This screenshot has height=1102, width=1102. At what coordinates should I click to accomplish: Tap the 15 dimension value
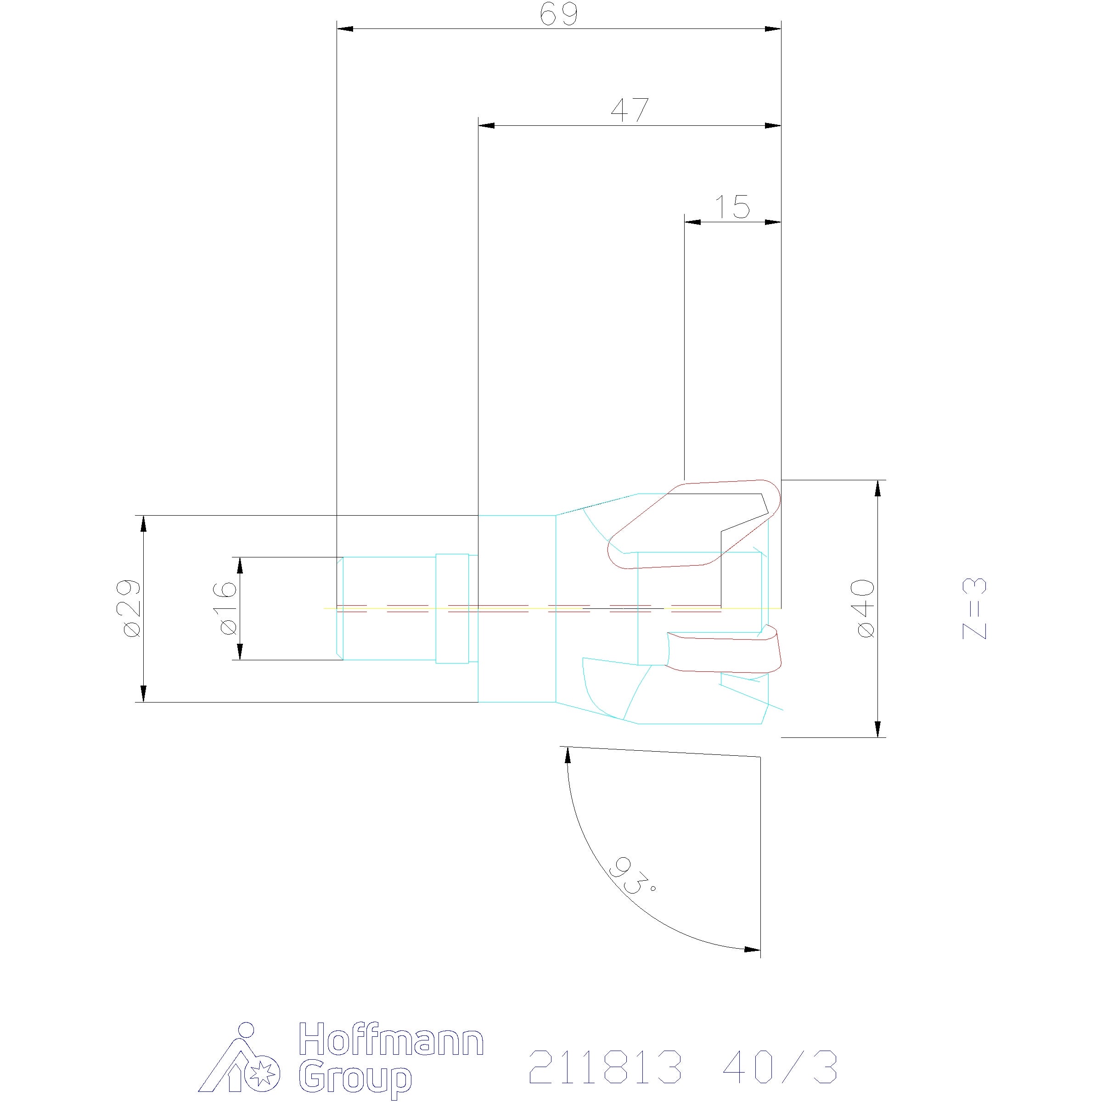(732, 207)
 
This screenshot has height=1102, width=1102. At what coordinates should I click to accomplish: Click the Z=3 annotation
(974, 608)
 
